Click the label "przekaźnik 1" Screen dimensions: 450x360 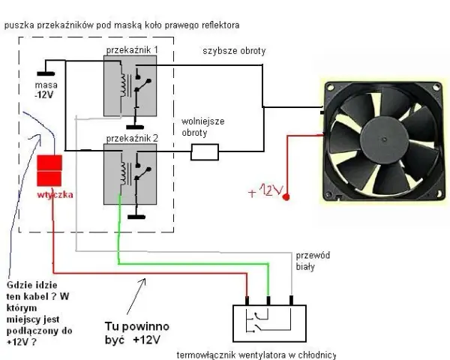click(132, 50)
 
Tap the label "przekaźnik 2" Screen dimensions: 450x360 click(132, 139)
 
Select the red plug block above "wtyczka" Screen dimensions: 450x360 click(49, 170)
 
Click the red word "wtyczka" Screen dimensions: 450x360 click(55, 195)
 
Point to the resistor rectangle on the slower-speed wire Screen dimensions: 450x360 click(205, 151)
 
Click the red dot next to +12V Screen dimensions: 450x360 click(286, 197)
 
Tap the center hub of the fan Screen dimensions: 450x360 click(384, 139)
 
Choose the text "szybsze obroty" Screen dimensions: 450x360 click(234, 51)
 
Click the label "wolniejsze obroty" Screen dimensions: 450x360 click(203, 127)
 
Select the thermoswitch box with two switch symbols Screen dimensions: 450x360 click(269, 323)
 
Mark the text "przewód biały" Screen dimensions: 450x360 click(313, 261)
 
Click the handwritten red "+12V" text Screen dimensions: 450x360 click(266, 190)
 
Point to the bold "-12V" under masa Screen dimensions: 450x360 click(44, 94)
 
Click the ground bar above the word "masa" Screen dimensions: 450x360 click(46, 73)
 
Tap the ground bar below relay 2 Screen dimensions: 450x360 click(136, 217)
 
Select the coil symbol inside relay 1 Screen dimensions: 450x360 click(124, 85)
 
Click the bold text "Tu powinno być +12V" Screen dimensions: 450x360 click(137, 333)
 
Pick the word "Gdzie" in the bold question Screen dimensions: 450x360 click(18, 285)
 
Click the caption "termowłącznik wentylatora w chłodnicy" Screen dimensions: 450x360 click(256, 355)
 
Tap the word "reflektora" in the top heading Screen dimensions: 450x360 click(220, 25)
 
